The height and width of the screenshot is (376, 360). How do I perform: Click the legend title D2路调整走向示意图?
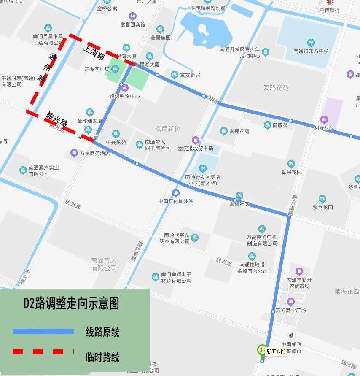[x=71, y=303]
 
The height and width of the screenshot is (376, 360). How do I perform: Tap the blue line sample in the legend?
[x=43, y=332]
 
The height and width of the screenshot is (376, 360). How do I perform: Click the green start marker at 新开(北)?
[x=261, y=349]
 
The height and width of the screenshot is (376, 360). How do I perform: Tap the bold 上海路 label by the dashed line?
[x=94, y=54]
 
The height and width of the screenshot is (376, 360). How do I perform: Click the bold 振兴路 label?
[x=57, y=119]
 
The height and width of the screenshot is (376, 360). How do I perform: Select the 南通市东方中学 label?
[x=311, y=51]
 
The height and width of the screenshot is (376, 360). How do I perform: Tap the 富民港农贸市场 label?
[x=196, y=149]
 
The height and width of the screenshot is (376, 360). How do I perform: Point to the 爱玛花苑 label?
[x=276, y=88]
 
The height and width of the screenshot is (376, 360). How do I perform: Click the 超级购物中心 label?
[x=124, y=96]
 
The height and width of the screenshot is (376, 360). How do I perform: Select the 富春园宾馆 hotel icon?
[x=133, y=16]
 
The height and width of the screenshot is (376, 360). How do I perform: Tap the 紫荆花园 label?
[x=322, y=207]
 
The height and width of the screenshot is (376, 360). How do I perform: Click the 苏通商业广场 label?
[x=291, y=310]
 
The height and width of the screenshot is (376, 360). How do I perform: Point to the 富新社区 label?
[x=239, y=204]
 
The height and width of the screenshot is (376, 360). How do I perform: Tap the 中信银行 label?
[x=329, y=10]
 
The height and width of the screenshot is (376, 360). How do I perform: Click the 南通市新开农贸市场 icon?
[x=299, y=271]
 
